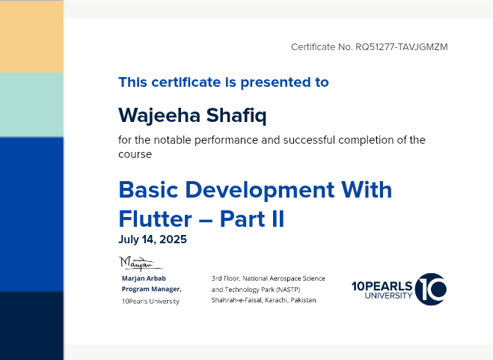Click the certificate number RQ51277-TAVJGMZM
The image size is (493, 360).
pyautogui.click(x=402, y=47)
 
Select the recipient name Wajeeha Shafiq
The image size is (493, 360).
pyautogui.click(x=192, y=115)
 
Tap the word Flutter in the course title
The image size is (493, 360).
pyautogui.click(x=156, y=219)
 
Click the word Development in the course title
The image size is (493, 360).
pyautogui.click(x=260, y=190)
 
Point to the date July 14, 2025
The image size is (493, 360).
pyautogui.click(x=153, y=240)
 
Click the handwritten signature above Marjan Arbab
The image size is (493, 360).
pyautogui.click(x=141, y=263)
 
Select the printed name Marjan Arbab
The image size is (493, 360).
pyautogui.click(x=144, y=278)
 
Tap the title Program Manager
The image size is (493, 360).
pyautogui.click(x=152, y=289)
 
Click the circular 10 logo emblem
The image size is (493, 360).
pyautogui.click(x=431, y=289)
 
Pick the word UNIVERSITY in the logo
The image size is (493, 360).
pyautogui.click(x=388, y=296)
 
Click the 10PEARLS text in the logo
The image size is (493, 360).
pyautogui.click(x=382, y=286)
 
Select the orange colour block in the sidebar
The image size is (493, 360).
pyautogui.click(x=31, y=36)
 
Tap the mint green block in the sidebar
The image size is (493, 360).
pyautogui.click(x=31, y=105)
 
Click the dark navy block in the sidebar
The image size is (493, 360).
pyautogui.click(x=31, y=326)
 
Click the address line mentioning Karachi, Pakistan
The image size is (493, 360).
pyautogui.click(x=263, y=300)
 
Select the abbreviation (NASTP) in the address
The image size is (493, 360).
pyautogui.click(x=288, y=290)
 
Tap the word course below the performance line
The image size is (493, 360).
pyautogui.click(x=135, y=154)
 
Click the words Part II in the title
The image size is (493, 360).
pyautogui.click(x=252, y=219)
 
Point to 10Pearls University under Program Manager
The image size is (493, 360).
pyautogui.click(x=150, y=302)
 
